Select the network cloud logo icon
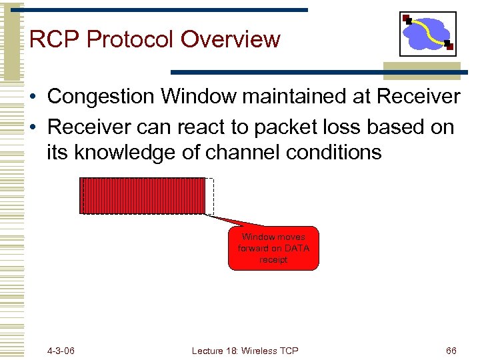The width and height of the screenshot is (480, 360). [427, 33]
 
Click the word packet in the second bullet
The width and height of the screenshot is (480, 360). [293, 127]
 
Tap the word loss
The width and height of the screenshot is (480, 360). [351, 127]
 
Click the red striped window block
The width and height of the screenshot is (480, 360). [143, 196]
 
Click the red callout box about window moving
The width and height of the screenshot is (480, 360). [273, 248]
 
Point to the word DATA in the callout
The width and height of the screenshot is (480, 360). [297, 249]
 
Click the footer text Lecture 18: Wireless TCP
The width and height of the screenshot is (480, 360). [245, 350]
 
